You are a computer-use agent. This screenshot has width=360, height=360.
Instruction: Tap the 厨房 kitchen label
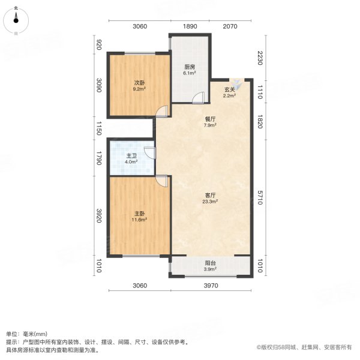click(x=190, y=67)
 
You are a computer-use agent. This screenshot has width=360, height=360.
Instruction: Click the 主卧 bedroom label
click(x=139, y=214)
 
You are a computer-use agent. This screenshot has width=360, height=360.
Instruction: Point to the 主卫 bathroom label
click(x=130, y=155)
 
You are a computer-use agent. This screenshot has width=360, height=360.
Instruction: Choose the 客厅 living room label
click(x=210, y=196)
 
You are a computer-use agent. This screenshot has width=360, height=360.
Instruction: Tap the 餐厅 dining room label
click(x=210, y=119)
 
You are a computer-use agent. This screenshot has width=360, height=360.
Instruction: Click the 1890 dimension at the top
click(x=190, y=26)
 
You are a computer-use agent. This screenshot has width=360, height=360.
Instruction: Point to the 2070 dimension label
click(x=230, y=26)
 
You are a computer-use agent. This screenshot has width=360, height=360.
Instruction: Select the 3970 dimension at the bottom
click(x=209, y=285)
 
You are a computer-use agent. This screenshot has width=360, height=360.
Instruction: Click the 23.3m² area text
click(x=210, y=202)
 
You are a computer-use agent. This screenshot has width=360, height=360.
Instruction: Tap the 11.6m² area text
click(x=139, y=220)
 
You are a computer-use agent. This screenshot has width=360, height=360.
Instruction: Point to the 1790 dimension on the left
click(x=100, y=158)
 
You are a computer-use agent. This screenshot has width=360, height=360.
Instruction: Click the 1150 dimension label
click(x=100, y=128)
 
